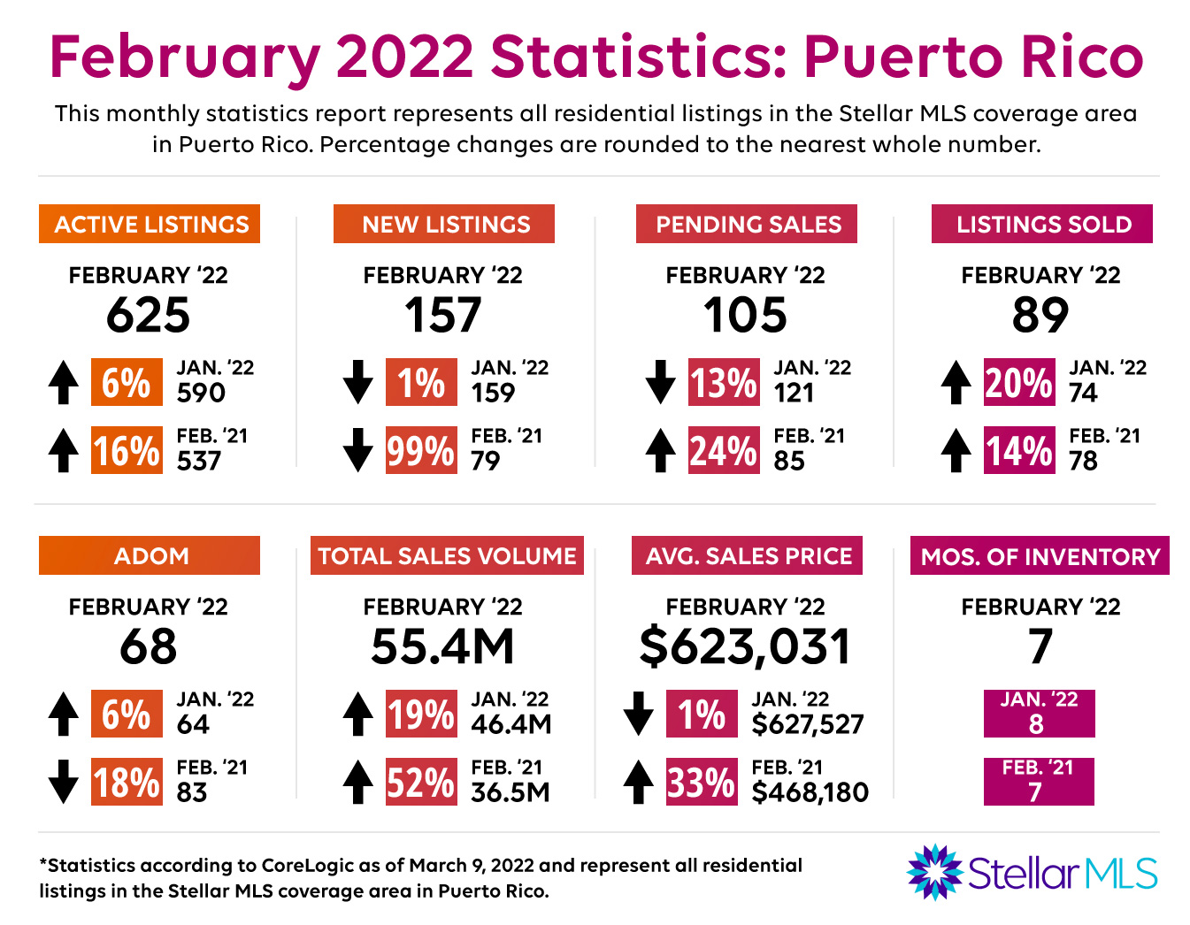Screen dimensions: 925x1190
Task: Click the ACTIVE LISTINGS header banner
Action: point(150,224)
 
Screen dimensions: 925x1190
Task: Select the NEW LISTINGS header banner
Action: point(444,224)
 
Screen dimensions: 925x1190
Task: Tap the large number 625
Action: point(149,315)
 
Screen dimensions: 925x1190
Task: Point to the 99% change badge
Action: point(421,450)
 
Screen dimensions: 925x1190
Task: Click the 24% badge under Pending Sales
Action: point(724,450)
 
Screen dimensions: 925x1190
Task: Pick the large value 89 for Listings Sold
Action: point(1040,315)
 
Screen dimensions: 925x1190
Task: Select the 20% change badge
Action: point(1019,382)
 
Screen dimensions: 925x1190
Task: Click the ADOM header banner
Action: point(150,555)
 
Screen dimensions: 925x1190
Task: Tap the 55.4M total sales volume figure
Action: point(442,646)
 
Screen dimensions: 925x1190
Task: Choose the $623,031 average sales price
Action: point(745,646)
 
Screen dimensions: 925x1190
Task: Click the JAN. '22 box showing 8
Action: point(1039,714)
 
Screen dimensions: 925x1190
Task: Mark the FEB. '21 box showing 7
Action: point(1039,782)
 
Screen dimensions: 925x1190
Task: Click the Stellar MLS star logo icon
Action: point(933,872)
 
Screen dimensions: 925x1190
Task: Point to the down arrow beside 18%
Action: point(64,782)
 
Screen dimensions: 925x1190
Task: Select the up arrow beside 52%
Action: point(357,782)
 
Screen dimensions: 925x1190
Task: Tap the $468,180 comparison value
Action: point(810,792)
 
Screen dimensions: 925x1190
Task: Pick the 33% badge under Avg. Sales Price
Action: point(701,782)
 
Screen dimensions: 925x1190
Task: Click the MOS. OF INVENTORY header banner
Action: point(1040,556)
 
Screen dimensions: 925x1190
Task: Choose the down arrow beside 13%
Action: point(660,382)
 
